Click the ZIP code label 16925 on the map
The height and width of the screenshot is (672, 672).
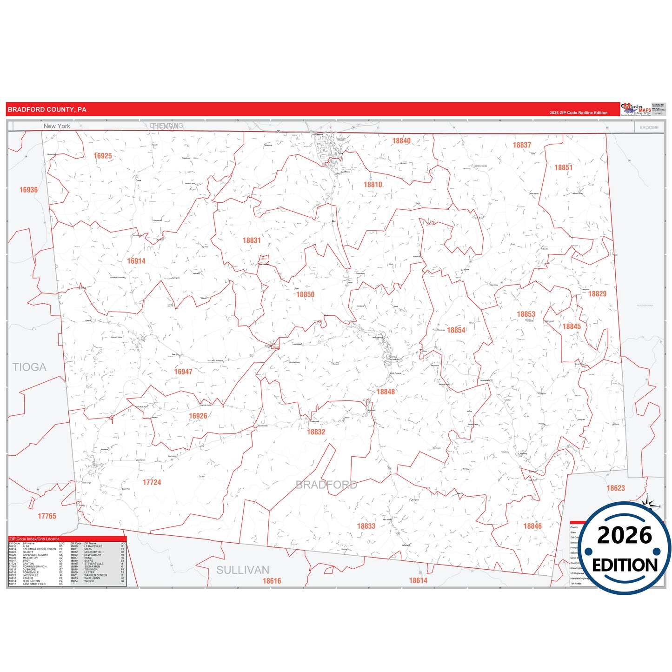click(x=103, y=156)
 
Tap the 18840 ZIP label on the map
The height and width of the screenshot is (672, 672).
click(x=401, y=141)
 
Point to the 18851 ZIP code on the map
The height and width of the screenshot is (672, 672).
click(x=563, y=167)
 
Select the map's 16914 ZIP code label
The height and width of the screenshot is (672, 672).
click(x=136, y=261)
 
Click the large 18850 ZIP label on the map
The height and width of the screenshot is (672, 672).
click(x=306, y=294)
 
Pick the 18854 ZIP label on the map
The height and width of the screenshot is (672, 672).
click(x=456, y=330)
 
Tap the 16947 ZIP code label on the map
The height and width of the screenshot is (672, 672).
click(x=183, y=372)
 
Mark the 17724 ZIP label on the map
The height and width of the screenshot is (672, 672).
click(x=152, y=482)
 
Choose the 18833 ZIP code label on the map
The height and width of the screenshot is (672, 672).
click(x=366, y=526)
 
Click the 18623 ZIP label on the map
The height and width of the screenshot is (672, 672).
click(x=616, y=488)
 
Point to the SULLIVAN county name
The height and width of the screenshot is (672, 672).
click(x=243, y=570)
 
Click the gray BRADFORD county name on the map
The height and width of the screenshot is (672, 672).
click(x=326, y=485)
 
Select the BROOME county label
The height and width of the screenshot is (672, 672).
click(x=649, y=127)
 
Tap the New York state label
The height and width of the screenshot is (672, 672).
click(x=57, y=126)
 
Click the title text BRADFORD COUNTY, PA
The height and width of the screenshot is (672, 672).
click(x=47, y=110)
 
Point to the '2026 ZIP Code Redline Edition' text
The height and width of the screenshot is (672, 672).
click(x=579, y=113)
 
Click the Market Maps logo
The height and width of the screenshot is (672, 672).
click(x=636, y=109)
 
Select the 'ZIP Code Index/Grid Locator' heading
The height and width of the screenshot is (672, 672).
click(x=34, y=539)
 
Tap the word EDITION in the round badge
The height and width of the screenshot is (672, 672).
click(x=625, y=565)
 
